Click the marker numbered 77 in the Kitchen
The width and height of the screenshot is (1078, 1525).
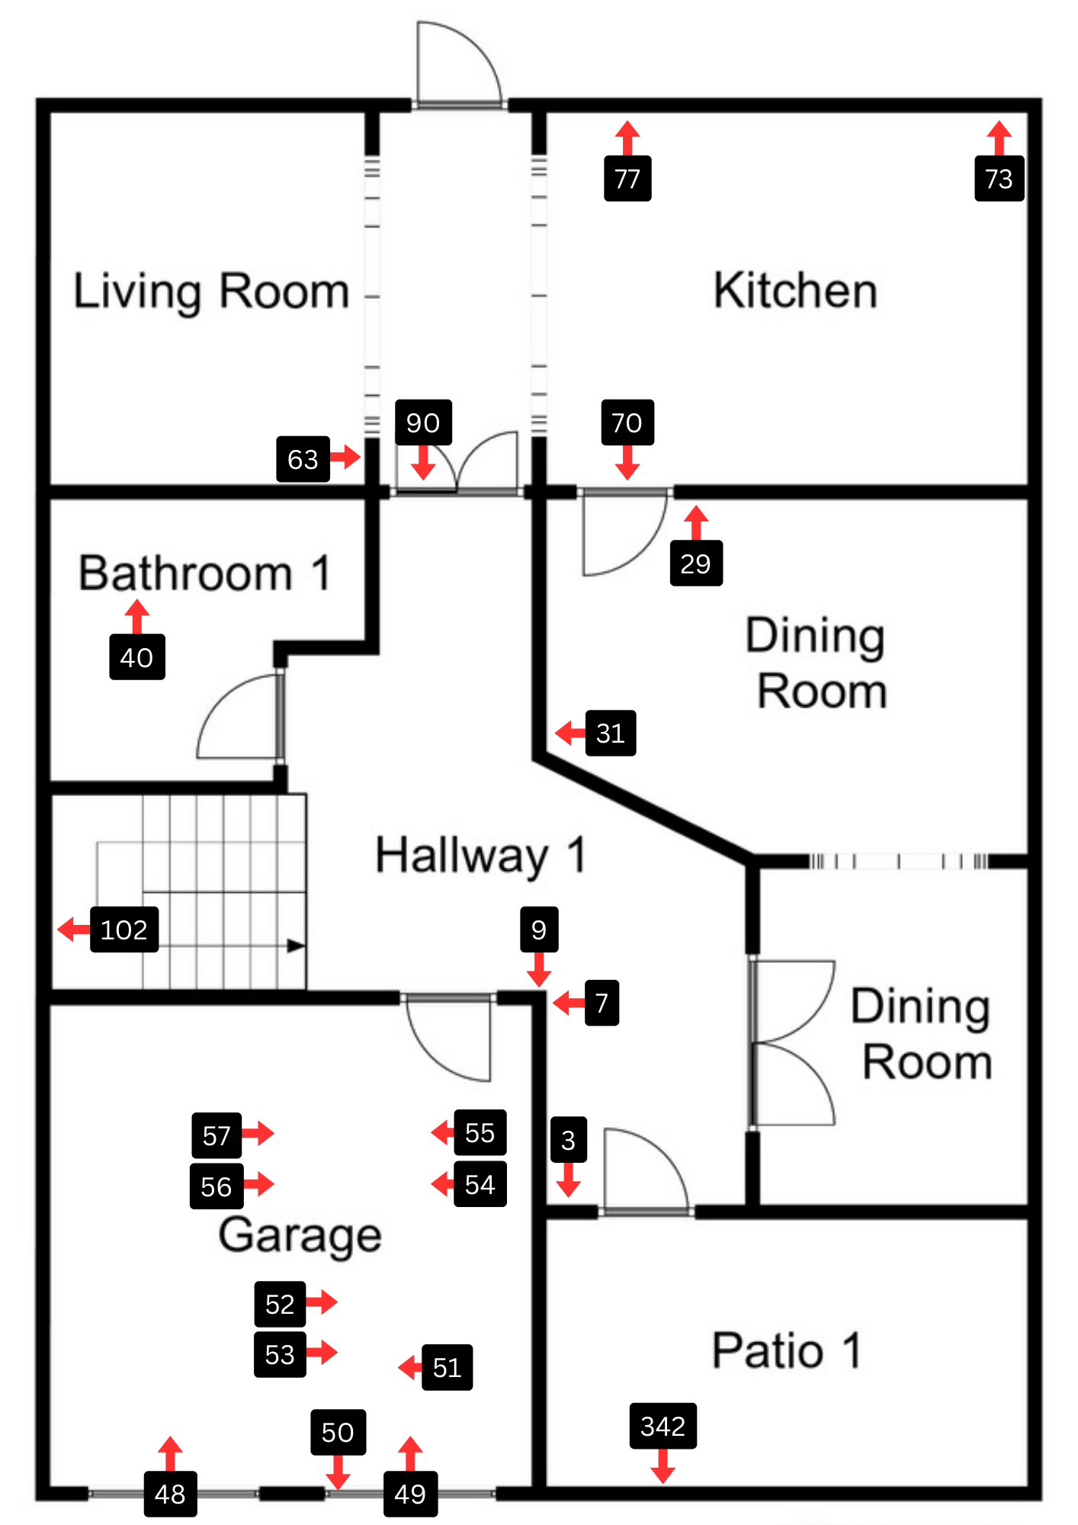627,178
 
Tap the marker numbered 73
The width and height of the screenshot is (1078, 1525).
999,178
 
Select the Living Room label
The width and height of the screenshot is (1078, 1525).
211,292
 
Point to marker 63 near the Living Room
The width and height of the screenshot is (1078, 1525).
303,459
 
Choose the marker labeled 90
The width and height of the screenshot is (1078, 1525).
423,422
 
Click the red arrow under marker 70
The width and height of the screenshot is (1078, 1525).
627,463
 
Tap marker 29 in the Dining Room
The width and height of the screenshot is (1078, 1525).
696,563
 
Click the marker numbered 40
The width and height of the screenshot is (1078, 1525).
137,657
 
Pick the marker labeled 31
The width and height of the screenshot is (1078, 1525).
611,733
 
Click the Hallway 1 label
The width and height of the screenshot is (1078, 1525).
481,856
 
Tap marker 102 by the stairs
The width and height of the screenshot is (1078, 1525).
124,929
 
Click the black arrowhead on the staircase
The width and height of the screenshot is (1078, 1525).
296,946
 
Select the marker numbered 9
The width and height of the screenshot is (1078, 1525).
539,929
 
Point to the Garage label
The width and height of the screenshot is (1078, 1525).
300,1236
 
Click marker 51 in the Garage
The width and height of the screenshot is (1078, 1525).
447,1367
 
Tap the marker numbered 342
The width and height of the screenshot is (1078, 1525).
663,1426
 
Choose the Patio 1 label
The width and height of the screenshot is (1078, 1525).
787,1350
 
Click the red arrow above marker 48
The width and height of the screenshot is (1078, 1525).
170,1454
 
